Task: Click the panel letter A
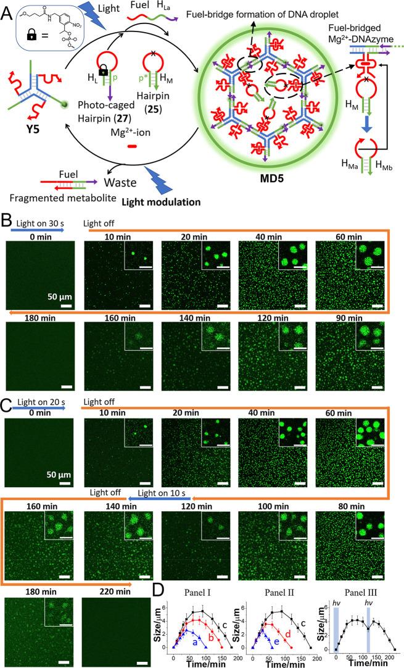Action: coord(9,10)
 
